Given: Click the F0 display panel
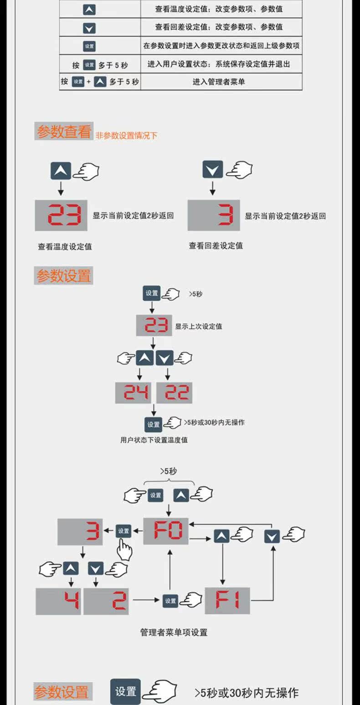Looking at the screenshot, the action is point(166,531).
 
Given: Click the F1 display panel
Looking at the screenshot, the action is point(227,600).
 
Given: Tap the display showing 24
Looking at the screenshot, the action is point(135,392).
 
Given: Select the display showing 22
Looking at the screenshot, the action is point(175,392).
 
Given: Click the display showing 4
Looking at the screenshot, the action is point(58,601).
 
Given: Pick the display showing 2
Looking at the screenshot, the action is point(106,601).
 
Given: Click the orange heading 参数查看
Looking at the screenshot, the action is point(64,132).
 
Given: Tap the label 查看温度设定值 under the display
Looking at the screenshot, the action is point(65,247).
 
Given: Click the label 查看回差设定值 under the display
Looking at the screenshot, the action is point(216,246).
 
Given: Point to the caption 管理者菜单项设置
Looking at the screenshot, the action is point(174,632).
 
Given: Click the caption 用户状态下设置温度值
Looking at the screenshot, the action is point(154,440).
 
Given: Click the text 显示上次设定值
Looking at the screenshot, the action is point(199,327).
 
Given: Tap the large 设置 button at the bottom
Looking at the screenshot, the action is point(125,691).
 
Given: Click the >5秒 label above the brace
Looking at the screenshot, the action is point(169,472).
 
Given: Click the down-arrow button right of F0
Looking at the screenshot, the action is point(272,536).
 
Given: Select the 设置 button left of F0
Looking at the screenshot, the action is point(123,531).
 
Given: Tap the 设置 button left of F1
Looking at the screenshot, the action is point(170,601).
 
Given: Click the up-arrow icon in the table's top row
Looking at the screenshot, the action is point(89,9).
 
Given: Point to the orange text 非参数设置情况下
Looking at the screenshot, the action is point(126,135).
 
